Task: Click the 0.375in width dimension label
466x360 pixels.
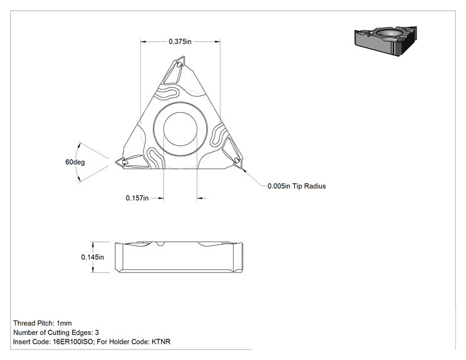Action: tap(180, 41)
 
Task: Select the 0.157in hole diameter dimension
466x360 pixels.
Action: tap(137, 198)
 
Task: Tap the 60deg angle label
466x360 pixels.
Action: tap(75, 162)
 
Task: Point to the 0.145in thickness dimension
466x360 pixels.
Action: tap(93, 257)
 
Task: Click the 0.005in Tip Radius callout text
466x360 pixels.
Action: tap(297, 186)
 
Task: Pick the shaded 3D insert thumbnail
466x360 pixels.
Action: tap(385, 41)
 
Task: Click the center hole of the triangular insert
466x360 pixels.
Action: tap(180, 129)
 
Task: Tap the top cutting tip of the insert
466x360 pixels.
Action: tap(184, 56)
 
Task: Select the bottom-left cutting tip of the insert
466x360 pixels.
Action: tap(116, 162)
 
